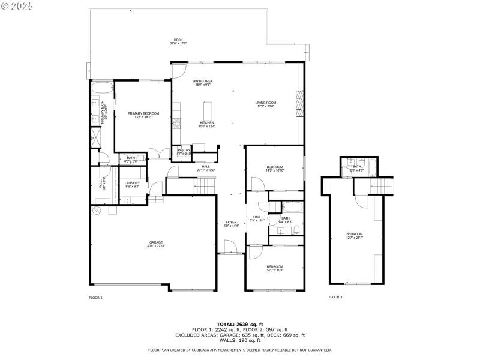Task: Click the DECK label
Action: point(178,42)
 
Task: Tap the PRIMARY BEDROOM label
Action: point(143,115)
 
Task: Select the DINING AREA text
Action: point(203,83)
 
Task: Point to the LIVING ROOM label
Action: point(266,104)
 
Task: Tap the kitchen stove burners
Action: point(176,124)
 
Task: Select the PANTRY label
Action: point(184,152)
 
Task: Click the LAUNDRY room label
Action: point(132,184)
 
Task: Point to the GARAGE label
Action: point(156,244)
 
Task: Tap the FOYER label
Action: point(231,224)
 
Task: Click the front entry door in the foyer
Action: point(229,247)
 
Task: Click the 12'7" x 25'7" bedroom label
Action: point(354,235)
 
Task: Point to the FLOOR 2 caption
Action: point(335,297)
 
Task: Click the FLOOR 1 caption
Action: point(95,297)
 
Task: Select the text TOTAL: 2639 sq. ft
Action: point(240,324)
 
